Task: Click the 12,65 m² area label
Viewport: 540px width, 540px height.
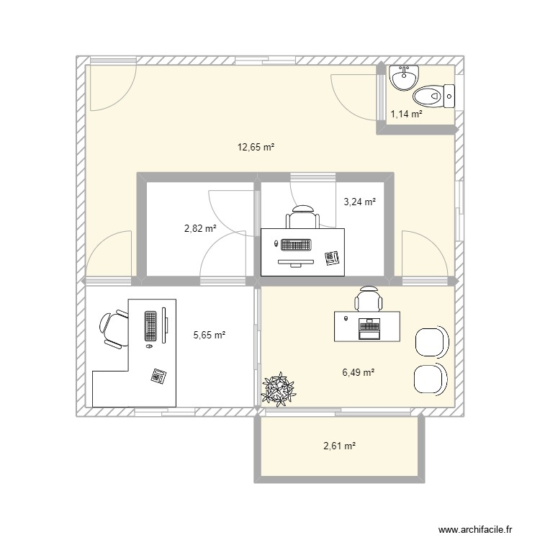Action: tap(256, 148)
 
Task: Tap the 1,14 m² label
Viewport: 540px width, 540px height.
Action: tap(406, 114)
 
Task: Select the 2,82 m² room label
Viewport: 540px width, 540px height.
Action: tap(200, 228)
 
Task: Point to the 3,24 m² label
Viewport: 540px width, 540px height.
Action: tap(359, 202)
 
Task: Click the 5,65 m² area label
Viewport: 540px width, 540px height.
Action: tap(210, 335)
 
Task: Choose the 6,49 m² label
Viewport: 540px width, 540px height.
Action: tap(359, 372)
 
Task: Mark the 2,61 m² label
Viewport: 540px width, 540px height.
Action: tap(340, 446)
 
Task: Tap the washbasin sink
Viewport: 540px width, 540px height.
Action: tap(404, 78)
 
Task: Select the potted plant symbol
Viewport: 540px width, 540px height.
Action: tap(278, 389)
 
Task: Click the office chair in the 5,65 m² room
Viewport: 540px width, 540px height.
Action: tap(114, 328)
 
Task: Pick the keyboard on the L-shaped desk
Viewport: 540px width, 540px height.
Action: tap(150, 325)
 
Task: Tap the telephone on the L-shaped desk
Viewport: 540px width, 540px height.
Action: tap(159, 375)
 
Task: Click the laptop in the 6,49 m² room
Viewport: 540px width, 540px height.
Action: tap(369, 329)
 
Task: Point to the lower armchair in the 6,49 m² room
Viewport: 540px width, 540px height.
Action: tap(431, 379)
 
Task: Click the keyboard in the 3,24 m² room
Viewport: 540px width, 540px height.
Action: tap(296, 245)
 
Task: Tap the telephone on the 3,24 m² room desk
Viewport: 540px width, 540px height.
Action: tap(332, 258)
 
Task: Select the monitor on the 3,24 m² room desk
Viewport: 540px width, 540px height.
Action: tap(296, 263)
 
